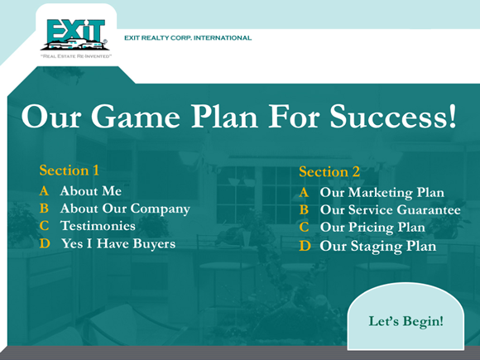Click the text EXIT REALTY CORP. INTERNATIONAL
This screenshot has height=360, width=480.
[187, 38]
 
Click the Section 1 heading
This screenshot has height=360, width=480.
[70, 170]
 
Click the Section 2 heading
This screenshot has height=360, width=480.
[329, 172]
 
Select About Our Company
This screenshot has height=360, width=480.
[125, 209]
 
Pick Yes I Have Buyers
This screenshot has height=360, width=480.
[118, 243]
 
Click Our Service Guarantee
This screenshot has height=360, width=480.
[390, 210]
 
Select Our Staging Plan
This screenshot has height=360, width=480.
[377, 246]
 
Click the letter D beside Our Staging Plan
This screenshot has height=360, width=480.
[305, 246]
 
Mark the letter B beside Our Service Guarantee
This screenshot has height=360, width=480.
[304, 210]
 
